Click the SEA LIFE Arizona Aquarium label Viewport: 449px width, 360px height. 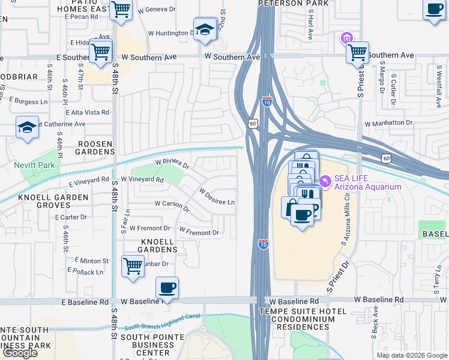(367, 182)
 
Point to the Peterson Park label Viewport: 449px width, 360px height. (286, 4)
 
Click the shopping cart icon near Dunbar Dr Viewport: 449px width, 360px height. (132, 265)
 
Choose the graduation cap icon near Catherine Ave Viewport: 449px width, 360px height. (27, 127)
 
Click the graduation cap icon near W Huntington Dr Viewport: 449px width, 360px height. (205, 29)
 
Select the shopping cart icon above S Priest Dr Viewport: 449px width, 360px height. (358, 52)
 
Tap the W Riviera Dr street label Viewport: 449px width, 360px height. (172, 163)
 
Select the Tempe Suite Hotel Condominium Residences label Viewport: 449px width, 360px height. (303, 320)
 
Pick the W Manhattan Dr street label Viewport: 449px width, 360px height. (389, 123)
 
